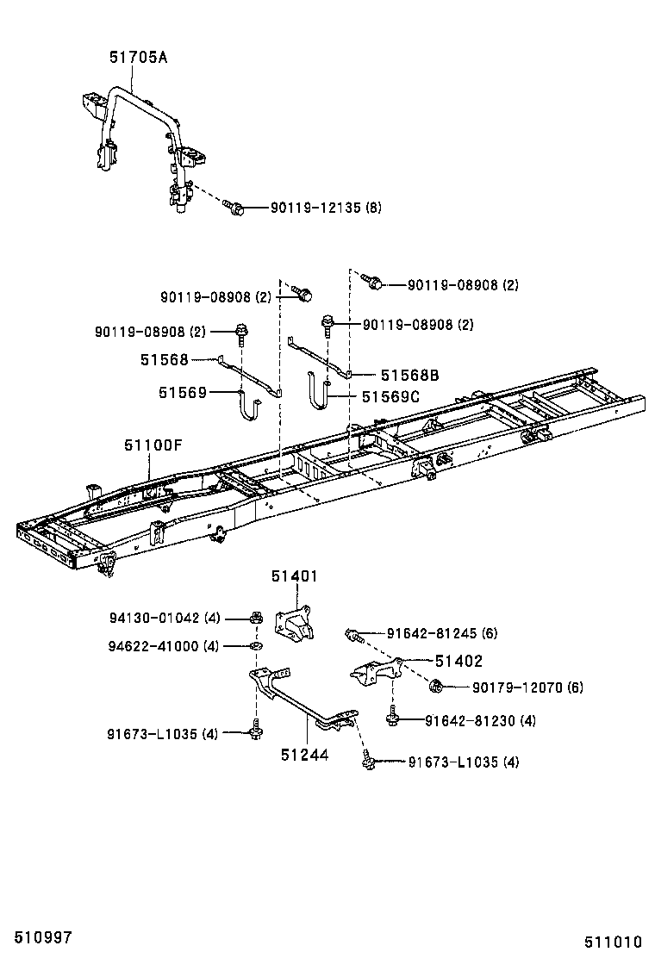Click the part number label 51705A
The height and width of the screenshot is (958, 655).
pos(138,58)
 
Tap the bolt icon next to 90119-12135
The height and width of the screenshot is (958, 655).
pos(234,207)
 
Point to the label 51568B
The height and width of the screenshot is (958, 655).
pos(410,375)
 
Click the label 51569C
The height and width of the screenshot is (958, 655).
pos(390,396)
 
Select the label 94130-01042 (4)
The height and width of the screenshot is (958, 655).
pos(165,618)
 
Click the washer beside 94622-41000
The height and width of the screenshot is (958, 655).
pos(256,645)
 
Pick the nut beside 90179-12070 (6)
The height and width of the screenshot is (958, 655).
pos(438,686)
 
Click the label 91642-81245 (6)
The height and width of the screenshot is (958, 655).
pos(472,633)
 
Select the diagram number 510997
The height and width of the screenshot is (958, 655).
pos(36,936)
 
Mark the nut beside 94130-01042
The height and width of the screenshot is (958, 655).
pos(256,618)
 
